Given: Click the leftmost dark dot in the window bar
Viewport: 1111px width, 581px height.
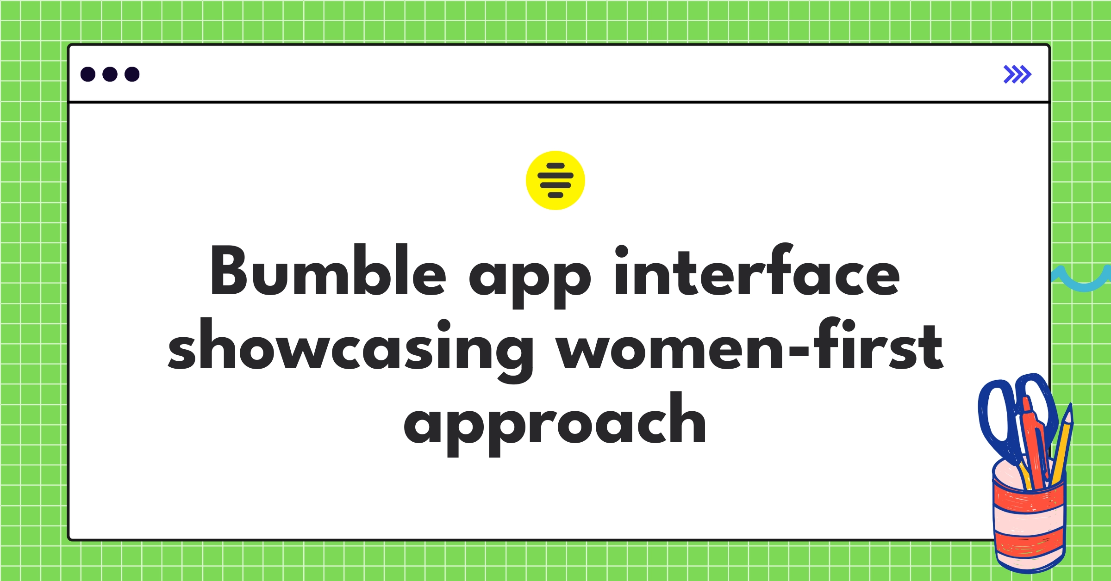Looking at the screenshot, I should [x=88, y=74].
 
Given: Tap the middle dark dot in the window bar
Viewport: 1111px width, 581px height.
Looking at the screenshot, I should [x=110, y=74].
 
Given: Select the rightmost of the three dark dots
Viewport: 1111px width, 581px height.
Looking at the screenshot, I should [x=132, y=74].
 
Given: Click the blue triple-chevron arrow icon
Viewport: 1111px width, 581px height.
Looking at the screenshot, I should [x=1017, y=74].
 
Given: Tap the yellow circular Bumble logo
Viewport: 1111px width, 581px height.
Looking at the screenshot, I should [x=555, y=180].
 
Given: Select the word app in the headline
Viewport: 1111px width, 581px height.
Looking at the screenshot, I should [x=530, y=278].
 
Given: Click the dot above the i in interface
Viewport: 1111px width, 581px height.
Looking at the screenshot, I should [x=621, y=251].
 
